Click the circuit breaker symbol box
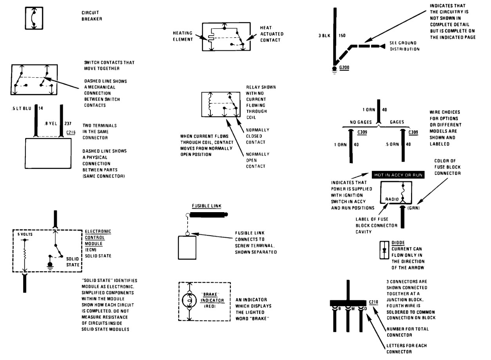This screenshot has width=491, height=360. pos(34,18)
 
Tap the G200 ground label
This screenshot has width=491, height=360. pos(344,67)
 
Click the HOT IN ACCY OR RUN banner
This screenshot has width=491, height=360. pos(397,175)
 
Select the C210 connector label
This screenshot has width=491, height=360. pos(373,302)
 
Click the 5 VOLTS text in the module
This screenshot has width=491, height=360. pos(25,234)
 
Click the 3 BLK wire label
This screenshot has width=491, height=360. pos(325,35)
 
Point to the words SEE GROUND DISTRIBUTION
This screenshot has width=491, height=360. pos(402,46)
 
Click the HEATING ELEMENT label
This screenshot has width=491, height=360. pos(183,36)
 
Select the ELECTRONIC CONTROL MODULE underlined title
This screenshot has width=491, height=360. pos(98,238)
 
